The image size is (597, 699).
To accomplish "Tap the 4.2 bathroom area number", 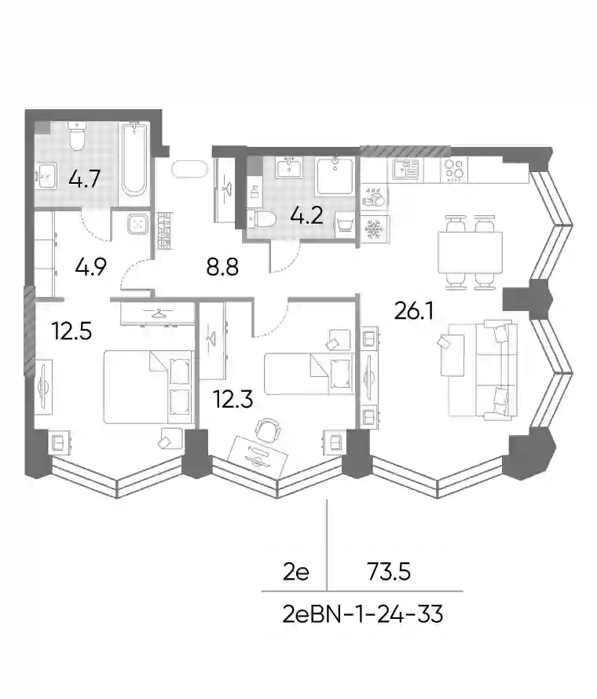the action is pos(306,216).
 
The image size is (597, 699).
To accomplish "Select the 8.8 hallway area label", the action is pos(222,268).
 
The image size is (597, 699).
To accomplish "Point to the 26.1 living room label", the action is pos(414,311).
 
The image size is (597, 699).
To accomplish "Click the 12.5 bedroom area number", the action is pos(71,331).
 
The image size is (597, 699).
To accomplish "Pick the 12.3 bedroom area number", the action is pos(233,399).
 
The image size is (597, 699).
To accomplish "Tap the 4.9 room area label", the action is pos(90,268).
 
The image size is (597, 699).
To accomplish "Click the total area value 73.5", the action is pos(389,572).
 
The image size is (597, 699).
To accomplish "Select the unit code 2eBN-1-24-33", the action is pos(363,615).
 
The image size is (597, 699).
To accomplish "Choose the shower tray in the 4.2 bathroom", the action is pos(335,176).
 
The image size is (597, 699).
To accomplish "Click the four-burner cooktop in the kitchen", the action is pos(454,170).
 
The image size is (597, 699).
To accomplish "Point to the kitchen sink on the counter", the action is pos(406,170).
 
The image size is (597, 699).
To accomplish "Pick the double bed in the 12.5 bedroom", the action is pos(148,387).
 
